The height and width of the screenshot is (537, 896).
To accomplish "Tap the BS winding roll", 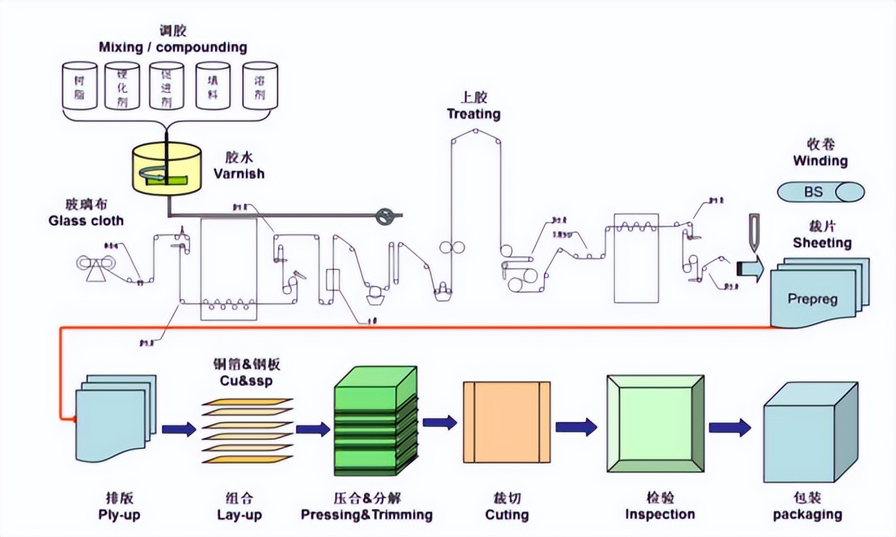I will tap(821, 192).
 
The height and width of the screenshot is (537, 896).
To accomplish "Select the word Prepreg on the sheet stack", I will tap(812, 300).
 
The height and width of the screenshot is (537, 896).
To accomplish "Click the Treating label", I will tap(473, 114).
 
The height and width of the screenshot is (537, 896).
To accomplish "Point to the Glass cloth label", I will tap(86, 221).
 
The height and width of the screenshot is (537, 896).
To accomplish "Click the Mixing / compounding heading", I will tap(173, 47).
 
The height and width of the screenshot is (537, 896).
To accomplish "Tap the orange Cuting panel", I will tap(506, 422).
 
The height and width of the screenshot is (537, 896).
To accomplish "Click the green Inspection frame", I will tap(655, 424).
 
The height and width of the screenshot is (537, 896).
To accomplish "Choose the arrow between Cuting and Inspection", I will tap(576, 426).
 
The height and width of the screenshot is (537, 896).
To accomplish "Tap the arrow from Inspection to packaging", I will tap(729, 427).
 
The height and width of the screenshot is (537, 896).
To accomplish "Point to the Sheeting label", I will tap(822, 243).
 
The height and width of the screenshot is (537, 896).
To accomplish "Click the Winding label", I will tap(820, 160).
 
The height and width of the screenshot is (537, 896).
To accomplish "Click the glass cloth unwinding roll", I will tap(91, 263).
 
